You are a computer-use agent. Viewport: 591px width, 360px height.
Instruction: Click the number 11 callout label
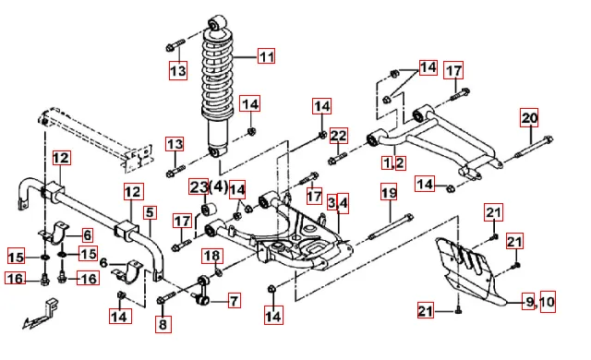pyautogui.click(x=266, y=56)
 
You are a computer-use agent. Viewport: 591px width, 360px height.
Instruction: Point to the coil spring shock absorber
pyautogui.click(x=218, y=86)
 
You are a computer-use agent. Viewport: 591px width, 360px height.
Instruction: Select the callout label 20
pyautogui.click(x=529, y=117)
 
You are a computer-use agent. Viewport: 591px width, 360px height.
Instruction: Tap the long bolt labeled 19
pyautogui.click(x=391, y=227)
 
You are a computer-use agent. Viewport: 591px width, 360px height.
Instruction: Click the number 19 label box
pyautogui.click(x=390, y=192)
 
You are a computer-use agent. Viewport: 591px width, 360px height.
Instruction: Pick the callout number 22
pyautogui.click(x=338, y=136)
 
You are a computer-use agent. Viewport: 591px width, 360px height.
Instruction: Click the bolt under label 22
pyautogui.click(x=337, y=158)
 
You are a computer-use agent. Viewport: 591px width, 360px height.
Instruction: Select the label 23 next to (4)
pyautogui.click(x=199, y=186)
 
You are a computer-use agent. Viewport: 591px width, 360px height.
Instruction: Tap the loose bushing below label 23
pyautogui.click(x=208, y=209)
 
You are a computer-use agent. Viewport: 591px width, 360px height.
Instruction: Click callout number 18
pyautogui.click(x=212, y=256)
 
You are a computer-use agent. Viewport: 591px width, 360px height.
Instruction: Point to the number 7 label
pyautogui.click(x=234, y=301)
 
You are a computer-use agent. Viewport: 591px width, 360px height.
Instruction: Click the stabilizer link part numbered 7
pyautogui.click(x=203, y=290)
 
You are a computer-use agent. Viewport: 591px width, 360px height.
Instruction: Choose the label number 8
pyautogui.click(x=163, y=324)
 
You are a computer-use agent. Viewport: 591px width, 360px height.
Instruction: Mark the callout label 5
pyautogui.click(x=150, y=212)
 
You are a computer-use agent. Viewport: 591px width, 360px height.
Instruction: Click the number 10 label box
pyautogui.click(x=548, y=301)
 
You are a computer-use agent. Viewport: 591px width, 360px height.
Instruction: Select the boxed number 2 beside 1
pyautogui.click(x=400, y=163)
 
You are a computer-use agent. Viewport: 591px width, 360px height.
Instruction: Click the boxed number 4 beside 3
pyautogui.click(x=343, y=203)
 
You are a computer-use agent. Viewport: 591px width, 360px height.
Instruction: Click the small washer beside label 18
pyautogui.click(x=219, y=271)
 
